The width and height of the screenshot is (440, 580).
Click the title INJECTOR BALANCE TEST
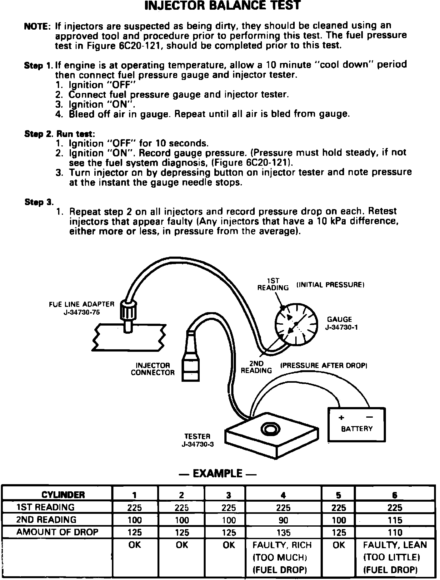click(222, 5)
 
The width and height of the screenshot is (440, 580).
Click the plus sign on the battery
click(341, 418)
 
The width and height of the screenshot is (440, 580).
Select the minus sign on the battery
click(369, 417)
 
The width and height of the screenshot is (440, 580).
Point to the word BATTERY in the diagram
click(357, 429)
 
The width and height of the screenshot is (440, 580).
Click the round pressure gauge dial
click(296, 324)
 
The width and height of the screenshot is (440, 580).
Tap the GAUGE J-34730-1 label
click(339, 323)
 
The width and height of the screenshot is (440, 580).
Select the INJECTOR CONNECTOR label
click(153, 369)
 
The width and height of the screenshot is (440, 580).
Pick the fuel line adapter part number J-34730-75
click(82, 312)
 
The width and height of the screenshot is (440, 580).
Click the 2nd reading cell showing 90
click(283, 520)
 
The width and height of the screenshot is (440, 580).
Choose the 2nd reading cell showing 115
click(395, 520)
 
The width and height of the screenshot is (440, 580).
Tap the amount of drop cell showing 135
click(283, 533)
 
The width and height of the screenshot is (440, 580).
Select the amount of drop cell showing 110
click(395, 533)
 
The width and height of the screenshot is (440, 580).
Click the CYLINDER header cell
click(63, 495)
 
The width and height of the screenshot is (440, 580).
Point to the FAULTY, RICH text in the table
click(282, 545)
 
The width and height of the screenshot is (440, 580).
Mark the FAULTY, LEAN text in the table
click(395, 545)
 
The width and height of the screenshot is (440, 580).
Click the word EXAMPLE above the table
click(217, 474)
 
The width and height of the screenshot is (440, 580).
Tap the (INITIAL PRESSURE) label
click(330, 285)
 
